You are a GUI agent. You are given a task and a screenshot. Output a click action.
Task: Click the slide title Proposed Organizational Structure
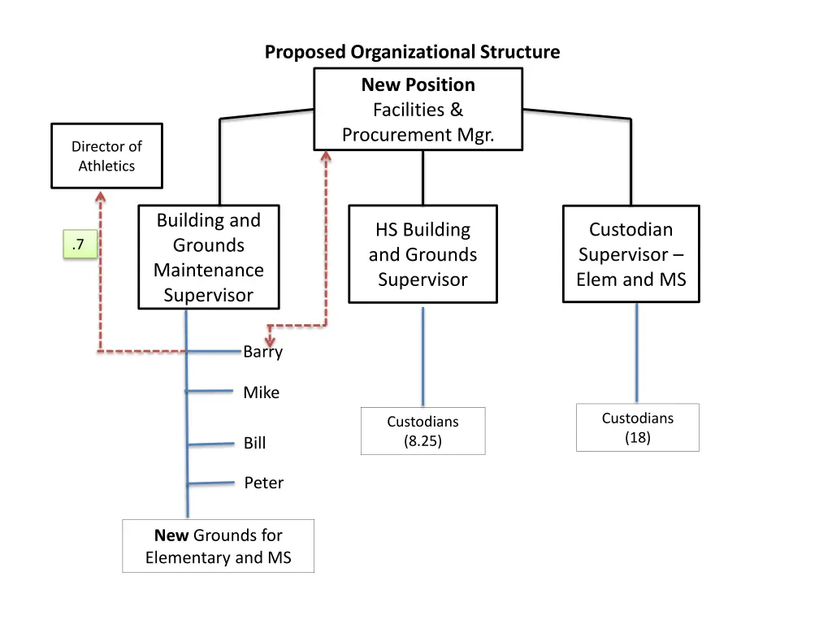[412, 53]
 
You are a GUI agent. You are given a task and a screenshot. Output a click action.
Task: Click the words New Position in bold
[418, 84]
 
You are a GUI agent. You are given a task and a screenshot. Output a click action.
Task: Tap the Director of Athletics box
[106, 156]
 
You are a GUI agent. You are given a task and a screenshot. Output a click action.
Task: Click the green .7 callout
[80, 245]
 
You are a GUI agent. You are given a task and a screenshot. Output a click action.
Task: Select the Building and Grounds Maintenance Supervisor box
[209, 257]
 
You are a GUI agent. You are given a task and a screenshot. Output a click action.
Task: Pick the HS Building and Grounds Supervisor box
[422, 254]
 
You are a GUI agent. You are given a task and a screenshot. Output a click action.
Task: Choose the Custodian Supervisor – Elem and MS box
[630, 254]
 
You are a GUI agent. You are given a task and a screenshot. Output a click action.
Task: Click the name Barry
[263, 352]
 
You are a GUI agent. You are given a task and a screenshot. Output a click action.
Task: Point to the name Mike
[261, 392]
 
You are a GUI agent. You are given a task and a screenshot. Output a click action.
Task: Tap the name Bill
[254, 443]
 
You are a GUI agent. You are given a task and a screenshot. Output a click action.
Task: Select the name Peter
[264, 483]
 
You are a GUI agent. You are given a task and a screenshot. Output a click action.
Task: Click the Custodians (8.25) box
[422, 431]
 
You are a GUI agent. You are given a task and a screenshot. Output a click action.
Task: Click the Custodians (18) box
[637, 427]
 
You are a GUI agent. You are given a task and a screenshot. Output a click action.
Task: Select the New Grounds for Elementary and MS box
[218, 546]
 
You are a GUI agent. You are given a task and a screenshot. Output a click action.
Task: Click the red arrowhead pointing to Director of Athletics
[100, 197]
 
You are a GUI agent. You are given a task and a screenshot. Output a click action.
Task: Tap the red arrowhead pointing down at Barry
[271, 340]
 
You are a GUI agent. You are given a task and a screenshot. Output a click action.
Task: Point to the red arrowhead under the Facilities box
[326, 158]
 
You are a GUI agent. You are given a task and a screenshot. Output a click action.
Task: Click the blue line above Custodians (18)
[636, 353]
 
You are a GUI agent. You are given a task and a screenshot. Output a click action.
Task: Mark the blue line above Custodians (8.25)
[422, 356]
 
